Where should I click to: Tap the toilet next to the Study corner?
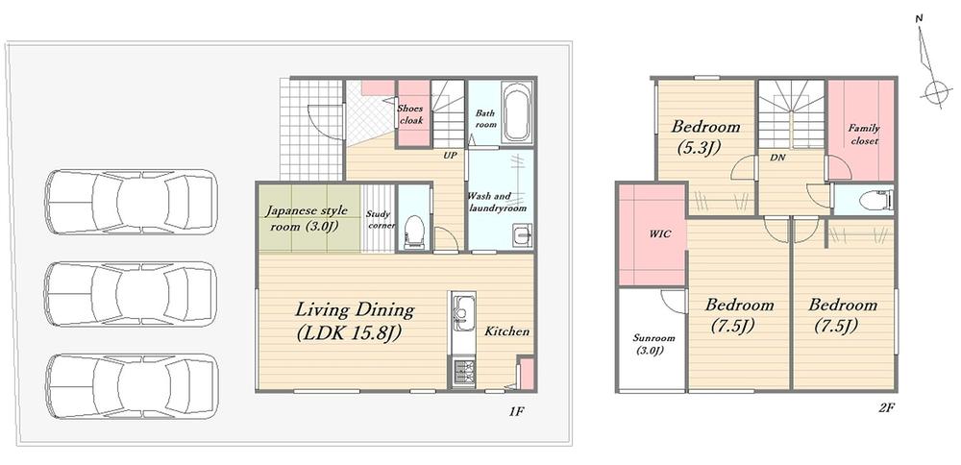[413, 231]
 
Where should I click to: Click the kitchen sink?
[463, 313]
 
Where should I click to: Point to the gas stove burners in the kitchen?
[463, 373]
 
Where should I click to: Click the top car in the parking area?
[131, 202]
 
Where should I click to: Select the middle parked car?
[131, 294]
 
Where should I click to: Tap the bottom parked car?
[131, 386]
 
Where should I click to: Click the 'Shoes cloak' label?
[410, 114]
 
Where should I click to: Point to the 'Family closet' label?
[864, 135]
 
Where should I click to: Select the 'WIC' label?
[660, 234]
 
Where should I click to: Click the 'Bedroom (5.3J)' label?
[704, 136]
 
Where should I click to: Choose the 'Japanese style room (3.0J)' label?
[306, 219]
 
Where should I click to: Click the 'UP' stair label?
[451, 156]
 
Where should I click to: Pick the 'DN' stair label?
[778, 158]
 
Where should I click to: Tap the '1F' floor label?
[516, 411]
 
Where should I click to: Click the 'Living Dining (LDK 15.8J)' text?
[355, 321]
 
